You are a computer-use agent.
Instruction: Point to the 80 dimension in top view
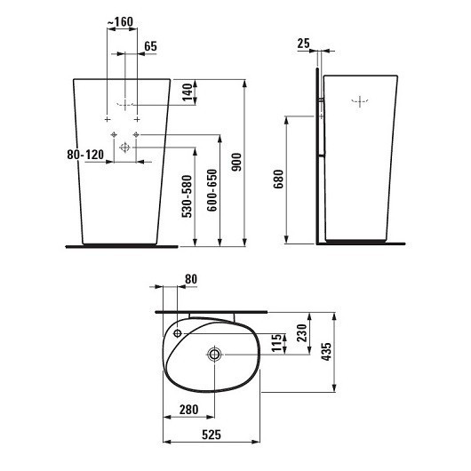(189, 278)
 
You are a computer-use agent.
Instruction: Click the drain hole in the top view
(214, 355)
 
